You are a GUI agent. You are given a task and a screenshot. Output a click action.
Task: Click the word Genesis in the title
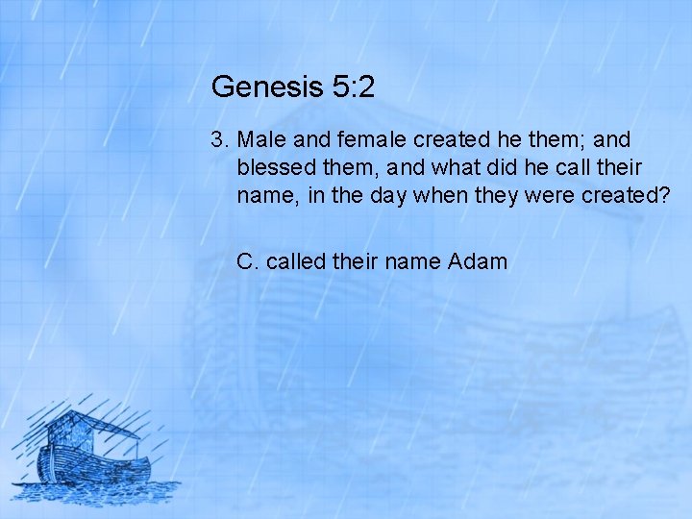pyautogui.click(x=254, y=88)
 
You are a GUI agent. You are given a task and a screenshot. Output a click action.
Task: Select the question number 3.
pyautogui.click(x=218, y=140)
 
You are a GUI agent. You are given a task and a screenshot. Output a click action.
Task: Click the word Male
pyautogui.click(x=258, y=140)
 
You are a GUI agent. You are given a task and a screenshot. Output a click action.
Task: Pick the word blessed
pyautogui.click(x=274, y=168)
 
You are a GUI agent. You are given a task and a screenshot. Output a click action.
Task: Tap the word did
pyautogui.click(x=512, y=168)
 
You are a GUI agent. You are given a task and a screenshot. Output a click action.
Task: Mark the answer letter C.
pyautogui.click(x=247, y=261)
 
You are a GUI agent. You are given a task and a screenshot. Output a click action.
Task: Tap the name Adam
pyautogui.click(x=478, y=261)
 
